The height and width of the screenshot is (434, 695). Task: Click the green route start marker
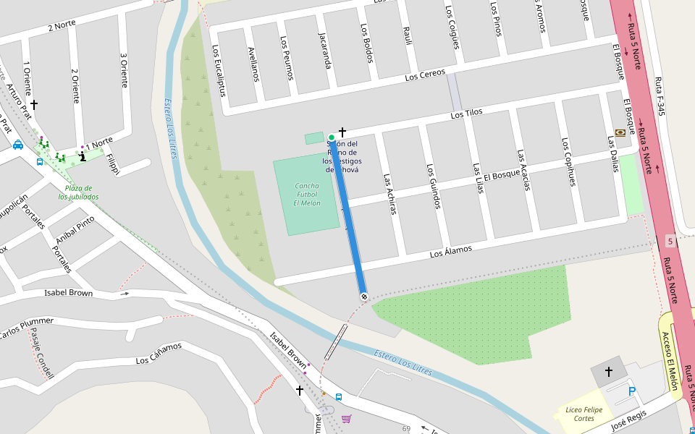(x=332, y=137)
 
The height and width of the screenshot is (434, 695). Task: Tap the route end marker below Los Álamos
(x=363, y=296)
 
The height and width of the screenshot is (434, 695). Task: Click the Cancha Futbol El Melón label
(x=306, y=195)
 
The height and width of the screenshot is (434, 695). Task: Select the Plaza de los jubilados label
(x=78, y=192)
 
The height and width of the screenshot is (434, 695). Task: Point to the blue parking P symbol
(x=632, y=391)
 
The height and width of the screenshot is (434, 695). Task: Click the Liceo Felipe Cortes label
(x=578, y=414)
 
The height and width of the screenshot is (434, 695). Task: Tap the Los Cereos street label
(x=425, y=75)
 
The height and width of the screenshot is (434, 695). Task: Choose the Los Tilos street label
(x=466, y=113)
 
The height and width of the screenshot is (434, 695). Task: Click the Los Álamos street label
(x=450, y=251)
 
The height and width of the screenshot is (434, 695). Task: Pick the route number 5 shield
(x=671, y=240)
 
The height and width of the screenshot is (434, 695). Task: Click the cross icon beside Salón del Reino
(x=342, y=132)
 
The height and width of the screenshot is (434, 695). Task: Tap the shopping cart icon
(x=346, y=419)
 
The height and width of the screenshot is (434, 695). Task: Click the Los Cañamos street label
(x=159, y=354)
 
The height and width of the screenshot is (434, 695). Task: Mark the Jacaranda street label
(x=324, y=50)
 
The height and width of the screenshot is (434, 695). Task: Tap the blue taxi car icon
(x=17, y=145)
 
